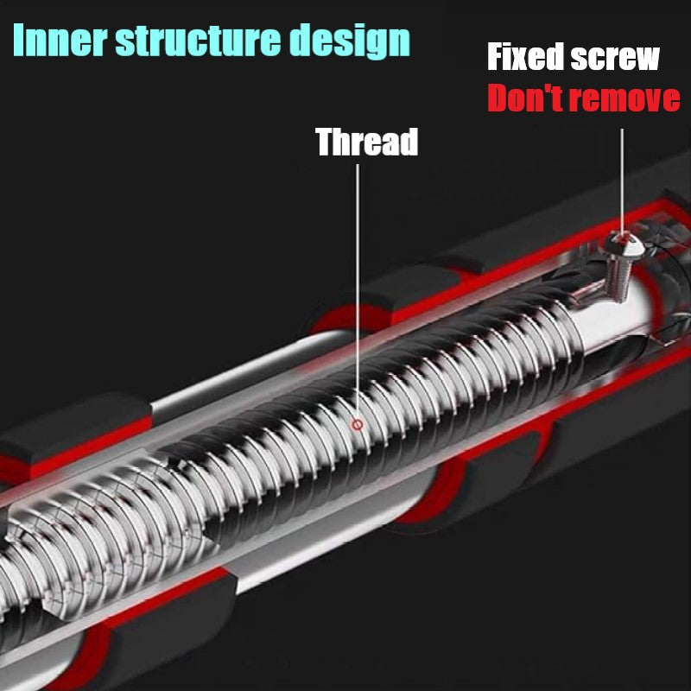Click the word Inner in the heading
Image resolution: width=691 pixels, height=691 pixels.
[x=58, y=40]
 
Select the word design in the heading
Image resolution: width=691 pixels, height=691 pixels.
[x=351, y=41]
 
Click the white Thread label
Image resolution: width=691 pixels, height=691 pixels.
[x=366, y=142]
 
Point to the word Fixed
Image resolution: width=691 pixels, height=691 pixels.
[x=523, y=58]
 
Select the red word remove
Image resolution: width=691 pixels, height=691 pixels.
[x=625, y=100]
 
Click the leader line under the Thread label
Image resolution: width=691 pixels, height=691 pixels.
[x=358, y=285]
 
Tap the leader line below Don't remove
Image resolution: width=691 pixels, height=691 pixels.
[x=622, y=173]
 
